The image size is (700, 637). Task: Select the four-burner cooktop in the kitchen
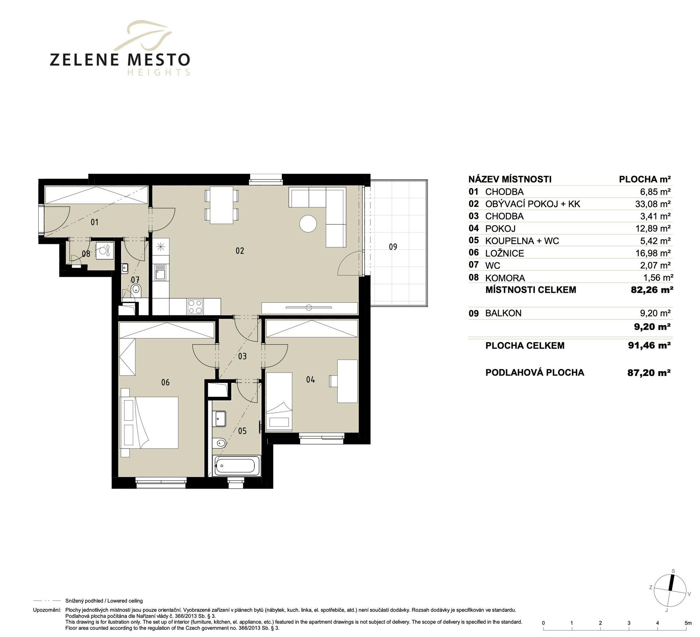point(195,306)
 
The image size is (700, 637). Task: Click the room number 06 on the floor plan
point(165,382)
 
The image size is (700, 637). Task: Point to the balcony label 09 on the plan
point(393,247)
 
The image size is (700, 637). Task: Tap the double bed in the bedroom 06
point(149,423)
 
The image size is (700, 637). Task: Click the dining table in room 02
point(221,205)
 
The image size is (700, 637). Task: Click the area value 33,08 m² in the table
point(653,204)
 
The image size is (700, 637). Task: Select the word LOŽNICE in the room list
point(505,253)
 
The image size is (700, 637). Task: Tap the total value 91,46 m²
point(649,345)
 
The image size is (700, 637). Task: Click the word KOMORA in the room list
point(505,278)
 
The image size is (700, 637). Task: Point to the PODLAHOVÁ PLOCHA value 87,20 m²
point(649,372)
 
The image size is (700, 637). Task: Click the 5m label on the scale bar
point(688,623)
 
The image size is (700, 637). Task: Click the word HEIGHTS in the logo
point(159,72)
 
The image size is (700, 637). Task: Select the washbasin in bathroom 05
point(220,419)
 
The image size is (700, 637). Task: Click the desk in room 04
point(347,381)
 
